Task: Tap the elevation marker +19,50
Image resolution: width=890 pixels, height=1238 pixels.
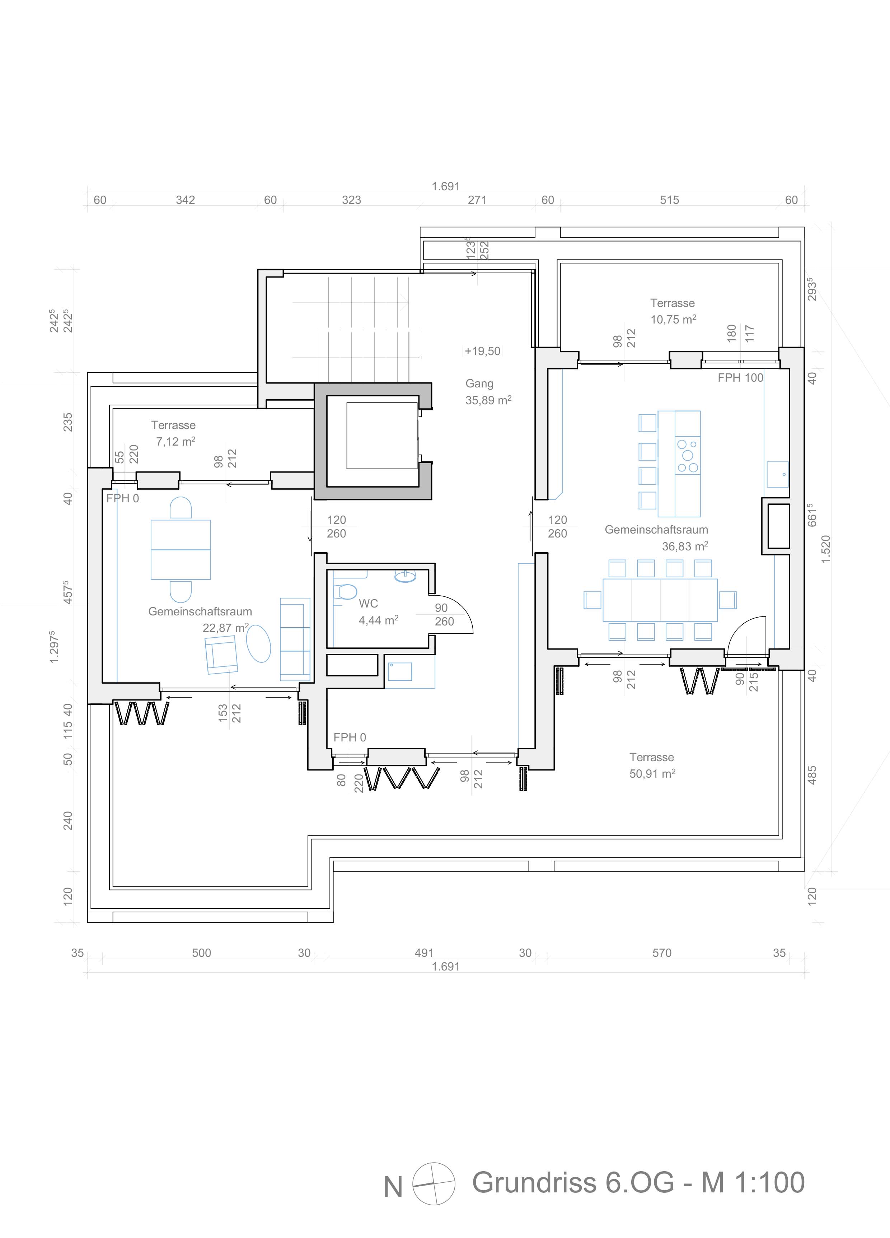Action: click(x=482, y=351)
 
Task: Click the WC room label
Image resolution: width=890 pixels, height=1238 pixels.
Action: click(x=368, y=603)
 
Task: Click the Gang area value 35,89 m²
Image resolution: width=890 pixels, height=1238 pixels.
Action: click(x=488, y=400)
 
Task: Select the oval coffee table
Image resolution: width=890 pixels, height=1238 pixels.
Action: click(x=259, y=643)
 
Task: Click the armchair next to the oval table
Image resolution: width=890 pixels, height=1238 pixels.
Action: click(x=221, y=655)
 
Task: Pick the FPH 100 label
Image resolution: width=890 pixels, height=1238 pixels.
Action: click(x=740, y=377)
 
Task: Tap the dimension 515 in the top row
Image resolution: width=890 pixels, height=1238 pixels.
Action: click(x=670, y=200)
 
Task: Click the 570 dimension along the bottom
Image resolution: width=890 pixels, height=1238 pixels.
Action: click(x=662, y=953)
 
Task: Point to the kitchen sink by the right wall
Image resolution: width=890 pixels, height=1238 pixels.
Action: click(x=778, y=474)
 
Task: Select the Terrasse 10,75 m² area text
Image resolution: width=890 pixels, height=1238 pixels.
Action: click(x=673, y=319)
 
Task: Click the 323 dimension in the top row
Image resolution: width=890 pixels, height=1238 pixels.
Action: click(x=351, y=200)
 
